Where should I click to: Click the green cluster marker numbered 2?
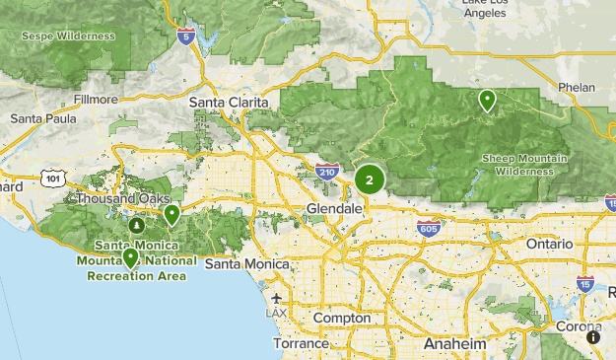pyautogui.click(x=370, y=180)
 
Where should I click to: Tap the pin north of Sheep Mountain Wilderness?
pyautogui.click(x=487, y=100)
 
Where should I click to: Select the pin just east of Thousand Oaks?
pyautogui.click(x=171, y=213)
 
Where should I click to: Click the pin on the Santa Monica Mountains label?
pyautogui.click(x=130, y=257)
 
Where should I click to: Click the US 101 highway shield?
pyautogui.click(x=52, y=178)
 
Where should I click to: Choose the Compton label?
pyautogui.click(x=342, y=319)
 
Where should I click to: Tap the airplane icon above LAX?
pyautogui.click(x=276, y=298)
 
